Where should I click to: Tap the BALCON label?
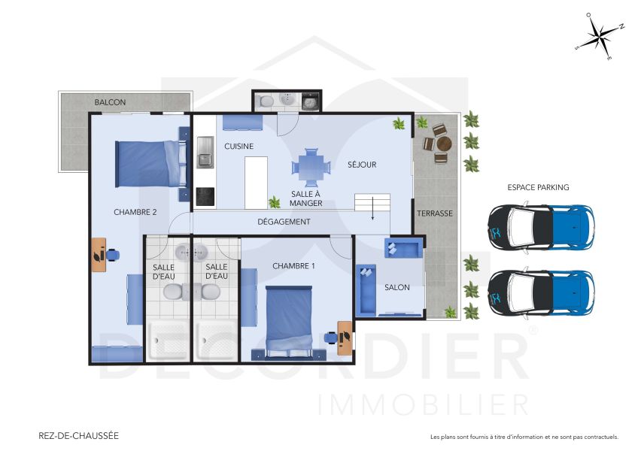point(110,102)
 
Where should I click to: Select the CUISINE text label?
point(238,146)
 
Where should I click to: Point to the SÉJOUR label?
point(361,165)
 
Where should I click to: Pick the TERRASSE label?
point(435,213)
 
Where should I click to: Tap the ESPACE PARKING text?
point(538,187)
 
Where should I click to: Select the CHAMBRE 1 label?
point(293,266)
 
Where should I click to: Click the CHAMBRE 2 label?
point(135,212)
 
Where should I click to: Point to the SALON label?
point(396,287)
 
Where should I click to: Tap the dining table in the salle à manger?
point(310,167)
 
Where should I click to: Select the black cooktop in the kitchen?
point(205,195)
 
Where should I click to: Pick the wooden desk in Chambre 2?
point(99,254)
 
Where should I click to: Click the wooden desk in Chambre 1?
point(344,337)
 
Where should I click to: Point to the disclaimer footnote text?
point(524,437)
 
